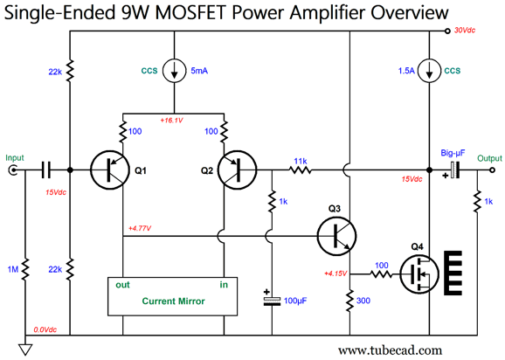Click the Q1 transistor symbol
(x=110, y=170)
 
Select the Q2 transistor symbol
(x=237, y=170)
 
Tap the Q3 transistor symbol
(x=336, y=236)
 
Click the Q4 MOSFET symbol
(x=419, y=274)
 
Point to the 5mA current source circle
(x=174, y=71)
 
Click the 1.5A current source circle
(x=429, y=71)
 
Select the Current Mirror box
(x=173, y=296)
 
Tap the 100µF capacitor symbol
(x=272, y=301)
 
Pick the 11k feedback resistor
(x=301, y=170)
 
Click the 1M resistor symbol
(x=25, y=269)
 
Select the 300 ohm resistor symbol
(x=350, y=301)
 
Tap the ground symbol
(x=25, y=350)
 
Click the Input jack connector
(x=13, y=170)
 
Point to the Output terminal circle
(x=492, y=170)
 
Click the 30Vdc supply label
(x=465, y=31)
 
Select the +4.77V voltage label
(x=140, y=228)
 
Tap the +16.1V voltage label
(x=171, y=121)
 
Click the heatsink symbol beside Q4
(x=453, y=273)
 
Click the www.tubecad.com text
(x=390, y=350)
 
